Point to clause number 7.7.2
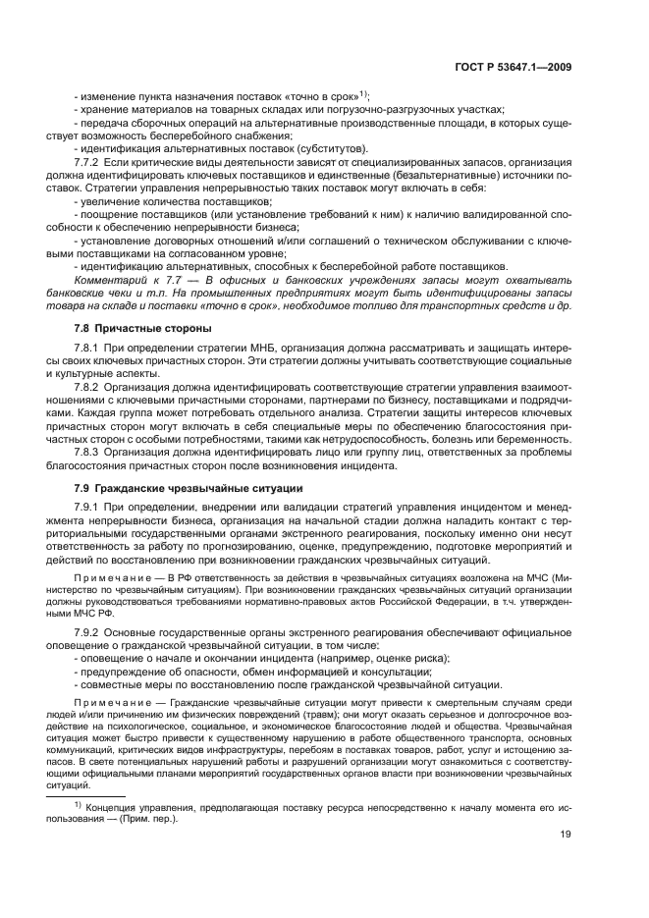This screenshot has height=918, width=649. [x=89, y=159]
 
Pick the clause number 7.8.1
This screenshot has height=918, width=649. [x=89, y=349]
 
